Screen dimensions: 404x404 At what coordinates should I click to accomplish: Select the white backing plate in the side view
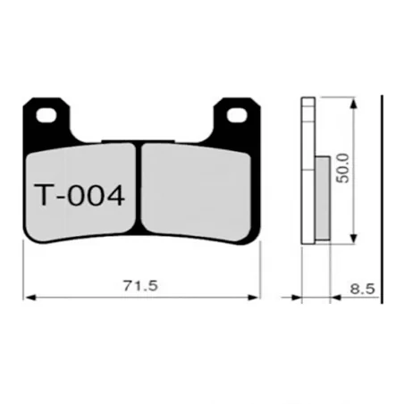click(x=308, y=170)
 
